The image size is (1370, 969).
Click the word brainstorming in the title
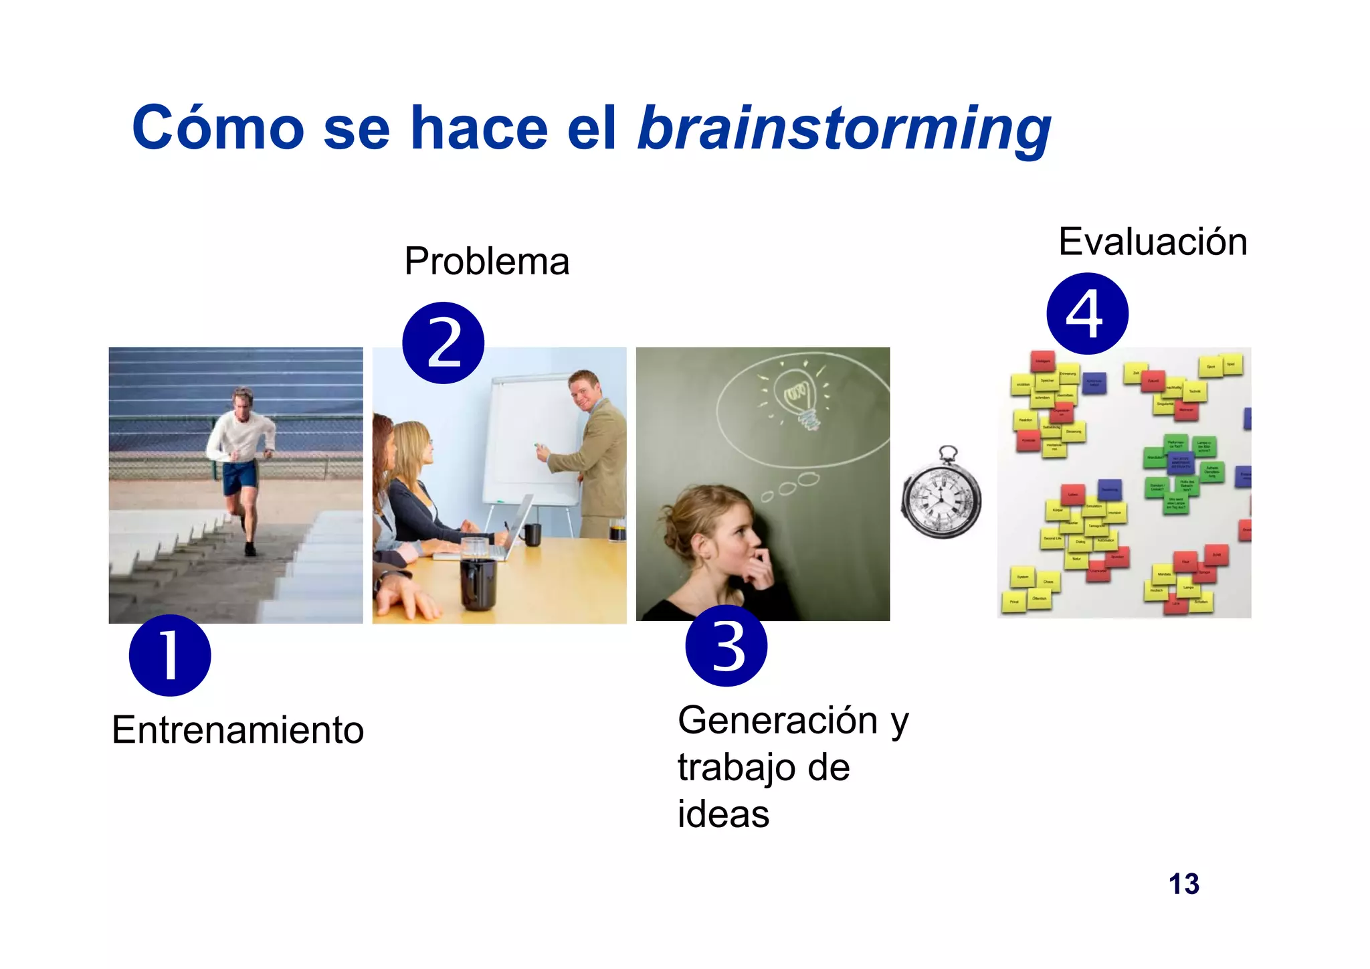click(844, 128)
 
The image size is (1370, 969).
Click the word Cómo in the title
click(218, 128)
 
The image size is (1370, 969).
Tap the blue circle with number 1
click(170, 655)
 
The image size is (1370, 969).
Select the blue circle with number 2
click(443, 343)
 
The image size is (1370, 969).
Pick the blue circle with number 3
click(726, 646)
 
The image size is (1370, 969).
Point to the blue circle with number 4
click(1087, 313)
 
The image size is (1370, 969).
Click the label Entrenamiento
click(237, 729)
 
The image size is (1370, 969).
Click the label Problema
click(486, 261)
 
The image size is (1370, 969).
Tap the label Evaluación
click(1153, 242)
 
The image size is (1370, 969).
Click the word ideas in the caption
click(723, 814)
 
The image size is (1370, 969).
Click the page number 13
click(1183, 884)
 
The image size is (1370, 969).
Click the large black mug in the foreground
click(478, 582)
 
